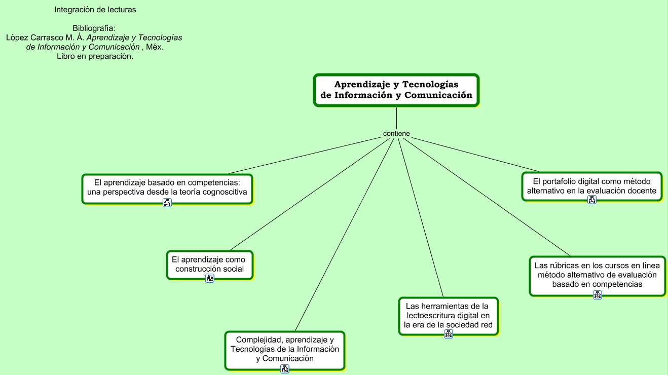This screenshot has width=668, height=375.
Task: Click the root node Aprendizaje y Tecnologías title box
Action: coord(396,90)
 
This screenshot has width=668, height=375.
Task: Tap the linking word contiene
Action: coord(396,134)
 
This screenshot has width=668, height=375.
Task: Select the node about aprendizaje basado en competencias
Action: coord(167,187)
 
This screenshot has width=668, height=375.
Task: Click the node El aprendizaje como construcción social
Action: coord(210,264)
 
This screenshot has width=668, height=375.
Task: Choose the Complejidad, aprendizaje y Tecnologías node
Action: coord(285,349)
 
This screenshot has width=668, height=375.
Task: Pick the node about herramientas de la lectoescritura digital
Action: coord(448,315)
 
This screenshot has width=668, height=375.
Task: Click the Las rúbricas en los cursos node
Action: coord(597,274)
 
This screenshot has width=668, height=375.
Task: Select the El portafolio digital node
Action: coord(591,185)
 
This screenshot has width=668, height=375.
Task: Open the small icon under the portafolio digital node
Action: coord(592,200)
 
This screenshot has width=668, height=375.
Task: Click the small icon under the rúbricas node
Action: coord(598,295)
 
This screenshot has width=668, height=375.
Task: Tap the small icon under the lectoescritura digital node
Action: coord(449,334)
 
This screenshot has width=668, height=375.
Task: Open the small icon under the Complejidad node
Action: coord(285,369)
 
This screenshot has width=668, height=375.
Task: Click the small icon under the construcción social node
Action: coord(210,278)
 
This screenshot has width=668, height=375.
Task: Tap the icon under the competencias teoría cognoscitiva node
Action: coord(167,203)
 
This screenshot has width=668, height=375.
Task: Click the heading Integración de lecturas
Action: coord(95,10)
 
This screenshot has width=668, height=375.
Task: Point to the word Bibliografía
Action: coord(94,28)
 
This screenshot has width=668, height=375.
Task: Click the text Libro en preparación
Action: coord(95,56)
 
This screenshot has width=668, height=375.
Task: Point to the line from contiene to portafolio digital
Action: coord(476,155)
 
